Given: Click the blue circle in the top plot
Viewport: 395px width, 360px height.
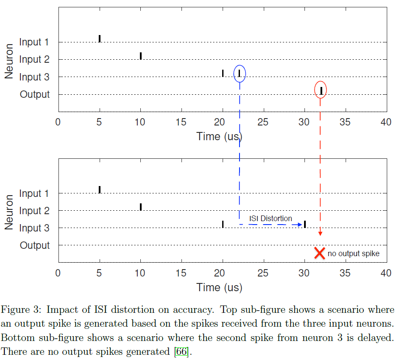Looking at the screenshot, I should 239,73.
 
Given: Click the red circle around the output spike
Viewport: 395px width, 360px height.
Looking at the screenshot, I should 321,90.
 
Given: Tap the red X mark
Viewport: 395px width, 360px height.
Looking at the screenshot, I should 320,253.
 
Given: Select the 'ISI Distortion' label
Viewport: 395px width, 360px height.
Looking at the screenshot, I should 270,219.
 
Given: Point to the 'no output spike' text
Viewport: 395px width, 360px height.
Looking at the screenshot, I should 353,254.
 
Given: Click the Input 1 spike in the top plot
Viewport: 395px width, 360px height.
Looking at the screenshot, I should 100,39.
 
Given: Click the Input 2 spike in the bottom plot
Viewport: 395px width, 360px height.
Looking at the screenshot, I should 141,207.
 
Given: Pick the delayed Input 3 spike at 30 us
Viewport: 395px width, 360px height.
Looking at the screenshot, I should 305,224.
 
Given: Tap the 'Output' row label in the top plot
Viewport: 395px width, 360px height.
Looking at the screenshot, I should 35,94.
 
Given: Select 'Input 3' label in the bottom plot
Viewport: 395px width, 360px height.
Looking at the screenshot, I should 34,228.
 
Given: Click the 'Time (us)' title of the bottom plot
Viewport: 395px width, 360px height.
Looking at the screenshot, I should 219,287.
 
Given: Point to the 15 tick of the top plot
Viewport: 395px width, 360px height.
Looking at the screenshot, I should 181,122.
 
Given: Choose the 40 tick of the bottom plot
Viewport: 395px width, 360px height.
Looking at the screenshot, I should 385,273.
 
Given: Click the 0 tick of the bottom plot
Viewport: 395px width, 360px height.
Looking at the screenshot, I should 58,273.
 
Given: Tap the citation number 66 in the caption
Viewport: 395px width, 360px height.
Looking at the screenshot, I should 181,352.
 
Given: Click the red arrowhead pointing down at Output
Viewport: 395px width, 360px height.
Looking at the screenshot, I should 320,233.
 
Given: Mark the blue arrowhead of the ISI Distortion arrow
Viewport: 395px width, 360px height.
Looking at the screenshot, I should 300,225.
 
